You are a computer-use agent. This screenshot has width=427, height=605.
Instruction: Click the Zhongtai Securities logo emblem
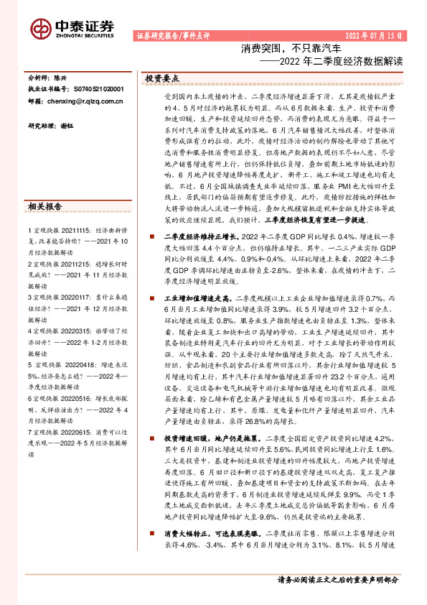click(40, 27)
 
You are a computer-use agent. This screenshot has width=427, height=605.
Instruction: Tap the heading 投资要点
click(162, 78)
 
